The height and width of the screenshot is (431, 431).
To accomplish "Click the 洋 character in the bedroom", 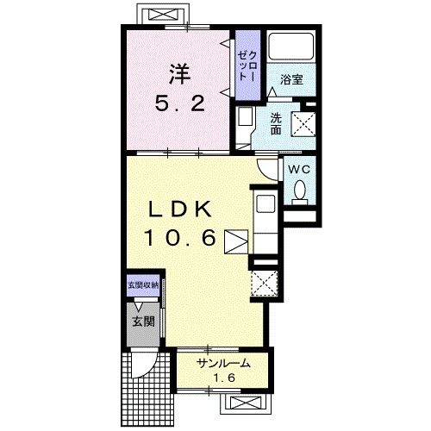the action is (x=179, y=73).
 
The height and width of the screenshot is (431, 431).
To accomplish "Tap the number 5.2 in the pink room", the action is (x=180, y=103).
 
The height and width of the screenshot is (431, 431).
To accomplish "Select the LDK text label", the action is (x=180, y=209).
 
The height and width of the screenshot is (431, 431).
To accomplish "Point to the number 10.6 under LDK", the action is (x=180, y=237).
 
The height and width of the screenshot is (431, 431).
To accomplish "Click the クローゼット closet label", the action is (x=247, y=66).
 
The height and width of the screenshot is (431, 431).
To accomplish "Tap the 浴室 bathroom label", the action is (x=291, y=79).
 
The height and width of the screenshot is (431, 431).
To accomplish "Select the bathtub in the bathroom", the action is (x=291, y=47).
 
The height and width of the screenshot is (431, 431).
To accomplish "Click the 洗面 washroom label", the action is (x=276, y=124).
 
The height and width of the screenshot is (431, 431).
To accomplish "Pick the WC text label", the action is (x=299, y=169).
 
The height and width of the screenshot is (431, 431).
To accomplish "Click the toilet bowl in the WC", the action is (x=300, y=190).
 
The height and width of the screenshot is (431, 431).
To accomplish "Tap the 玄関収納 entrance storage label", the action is (x=143, y=285).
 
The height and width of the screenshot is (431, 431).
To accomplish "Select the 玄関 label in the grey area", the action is (x=143, y=322).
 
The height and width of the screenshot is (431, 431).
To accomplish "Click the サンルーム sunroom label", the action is (x=223, y=364).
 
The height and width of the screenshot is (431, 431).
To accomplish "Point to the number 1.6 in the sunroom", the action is (x=224, y=378).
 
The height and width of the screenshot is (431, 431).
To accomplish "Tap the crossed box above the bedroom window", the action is (x=163, y=15).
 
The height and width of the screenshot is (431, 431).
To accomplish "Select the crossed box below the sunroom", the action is (x=246, y=403).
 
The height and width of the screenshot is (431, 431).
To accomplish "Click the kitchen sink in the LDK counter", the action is (x=265, y=204).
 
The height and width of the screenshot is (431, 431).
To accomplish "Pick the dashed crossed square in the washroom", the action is (x=303, y=123).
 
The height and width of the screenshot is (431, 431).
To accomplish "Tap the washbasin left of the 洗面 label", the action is (x=246, y=116).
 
